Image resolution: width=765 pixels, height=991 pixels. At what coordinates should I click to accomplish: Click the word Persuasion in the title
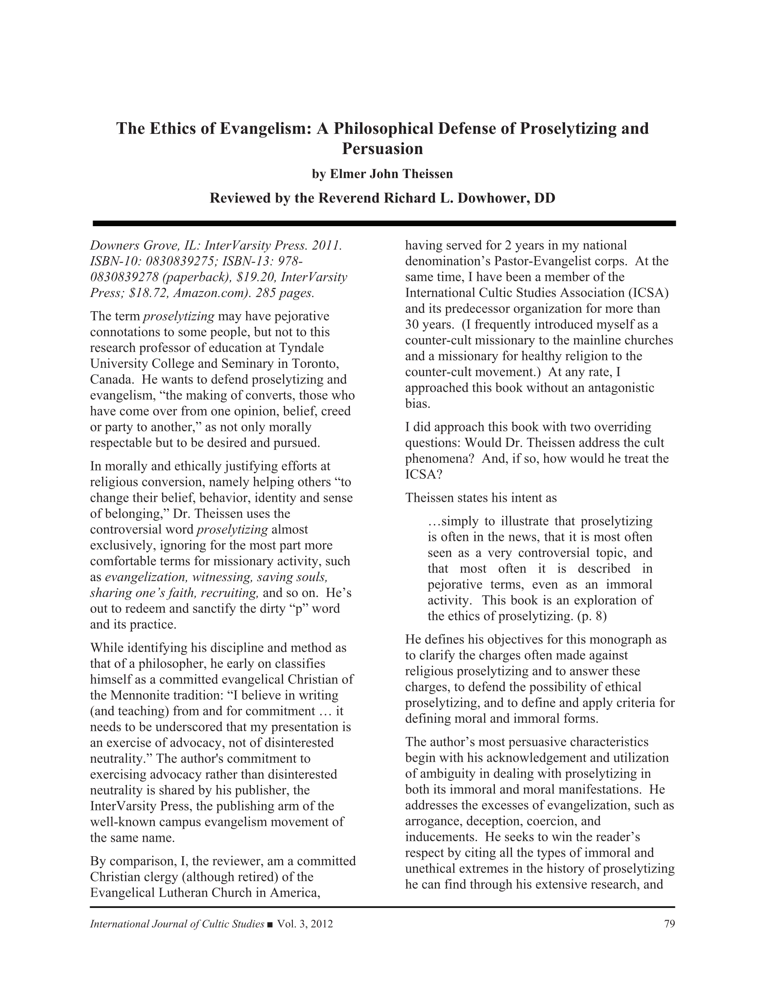pyautogui.click(x=382, y=148)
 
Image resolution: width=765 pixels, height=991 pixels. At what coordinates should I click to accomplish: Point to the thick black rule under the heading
pyautogui.click(x=384, y=223)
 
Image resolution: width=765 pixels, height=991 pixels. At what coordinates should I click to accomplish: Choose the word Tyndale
pyautogui.click(x=301, y=348)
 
